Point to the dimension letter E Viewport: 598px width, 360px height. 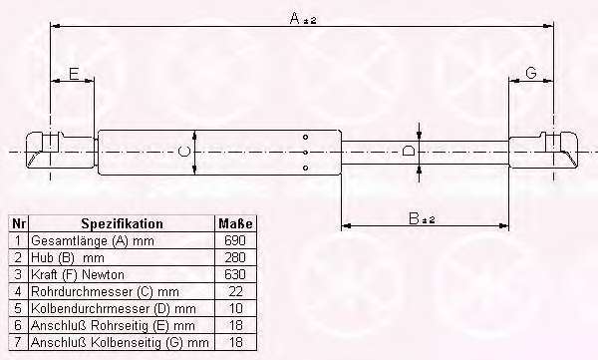pos(74,74)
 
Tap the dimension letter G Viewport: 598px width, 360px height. pos(531,72)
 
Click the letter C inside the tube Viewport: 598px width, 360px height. pos(184,152)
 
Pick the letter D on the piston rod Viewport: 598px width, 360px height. pos(409,151)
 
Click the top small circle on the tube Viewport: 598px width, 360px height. pos(305,137)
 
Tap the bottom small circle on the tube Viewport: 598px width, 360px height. pos(305,168)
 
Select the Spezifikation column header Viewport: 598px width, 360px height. pos(122,223)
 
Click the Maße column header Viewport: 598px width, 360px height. pos(235,223)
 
